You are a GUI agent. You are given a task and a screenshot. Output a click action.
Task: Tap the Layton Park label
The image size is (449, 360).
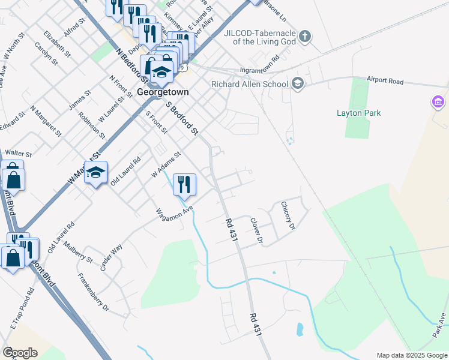click(359, 113)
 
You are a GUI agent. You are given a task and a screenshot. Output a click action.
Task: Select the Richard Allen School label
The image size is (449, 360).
click(250, 84)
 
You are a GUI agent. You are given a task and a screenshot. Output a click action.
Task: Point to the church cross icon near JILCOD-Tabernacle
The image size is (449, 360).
click(305, 36)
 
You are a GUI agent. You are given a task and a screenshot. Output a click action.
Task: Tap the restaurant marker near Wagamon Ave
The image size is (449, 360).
click(185, 184)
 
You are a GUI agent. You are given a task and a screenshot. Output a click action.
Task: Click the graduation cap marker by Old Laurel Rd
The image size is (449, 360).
click(95, 173)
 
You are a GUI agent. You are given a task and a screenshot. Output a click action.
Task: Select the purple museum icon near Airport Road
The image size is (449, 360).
click(438, 102)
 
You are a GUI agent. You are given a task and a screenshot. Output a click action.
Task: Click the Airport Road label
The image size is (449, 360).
click(385, 81)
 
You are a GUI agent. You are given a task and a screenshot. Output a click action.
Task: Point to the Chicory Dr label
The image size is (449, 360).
click(289, 216)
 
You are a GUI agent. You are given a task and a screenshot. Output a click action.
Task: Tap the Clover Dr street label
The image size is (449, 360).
click(257, 231)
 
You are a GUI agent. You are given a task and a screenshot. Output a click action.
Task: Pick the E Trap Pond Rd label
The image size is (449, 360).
click(22, 314)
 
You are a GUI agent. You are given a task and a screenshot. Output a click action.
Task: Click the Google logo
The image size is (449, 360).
click(20, 353)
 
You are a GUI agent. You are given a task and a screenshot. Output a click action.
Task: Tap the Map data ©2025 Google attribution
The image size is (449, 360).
click(412, 355)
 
